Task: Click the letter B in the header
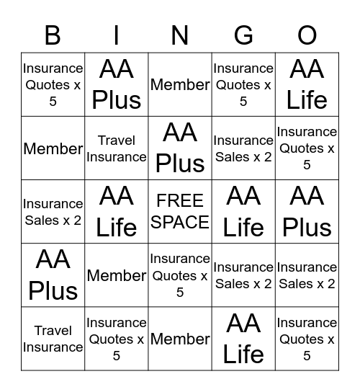coord(53,35)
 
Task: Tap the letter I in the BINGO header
coord(117,35)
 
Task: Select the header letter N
coord(180,35)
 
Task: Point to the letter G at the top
coord(243,35)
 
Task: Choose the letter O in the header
coord(307,35)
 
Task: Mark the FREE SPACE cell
coord(180,212)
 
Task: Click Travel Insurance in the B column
coord(53,339)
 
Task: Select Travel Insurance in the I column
coord(117,148)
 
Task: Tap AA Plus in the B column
coord(53,275)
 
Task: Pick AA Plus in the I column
coord(117,85)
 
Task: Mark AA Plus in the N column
coord(180,148)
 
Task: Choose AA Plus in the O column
coord(307,212)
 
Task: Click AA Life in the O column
coord(307,85)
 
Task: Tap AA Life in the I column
coord(117,212)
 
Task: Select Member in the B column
coord(53,148)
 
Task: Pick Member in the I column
coord(117,275)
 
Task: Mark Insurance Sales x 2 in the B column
coord(53,212)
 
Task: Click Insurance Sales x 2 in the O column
coord(307,275)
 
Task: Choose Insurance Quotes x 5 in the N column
coord(180,275)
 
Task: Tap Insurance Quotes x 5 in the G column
coord(243,85)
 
